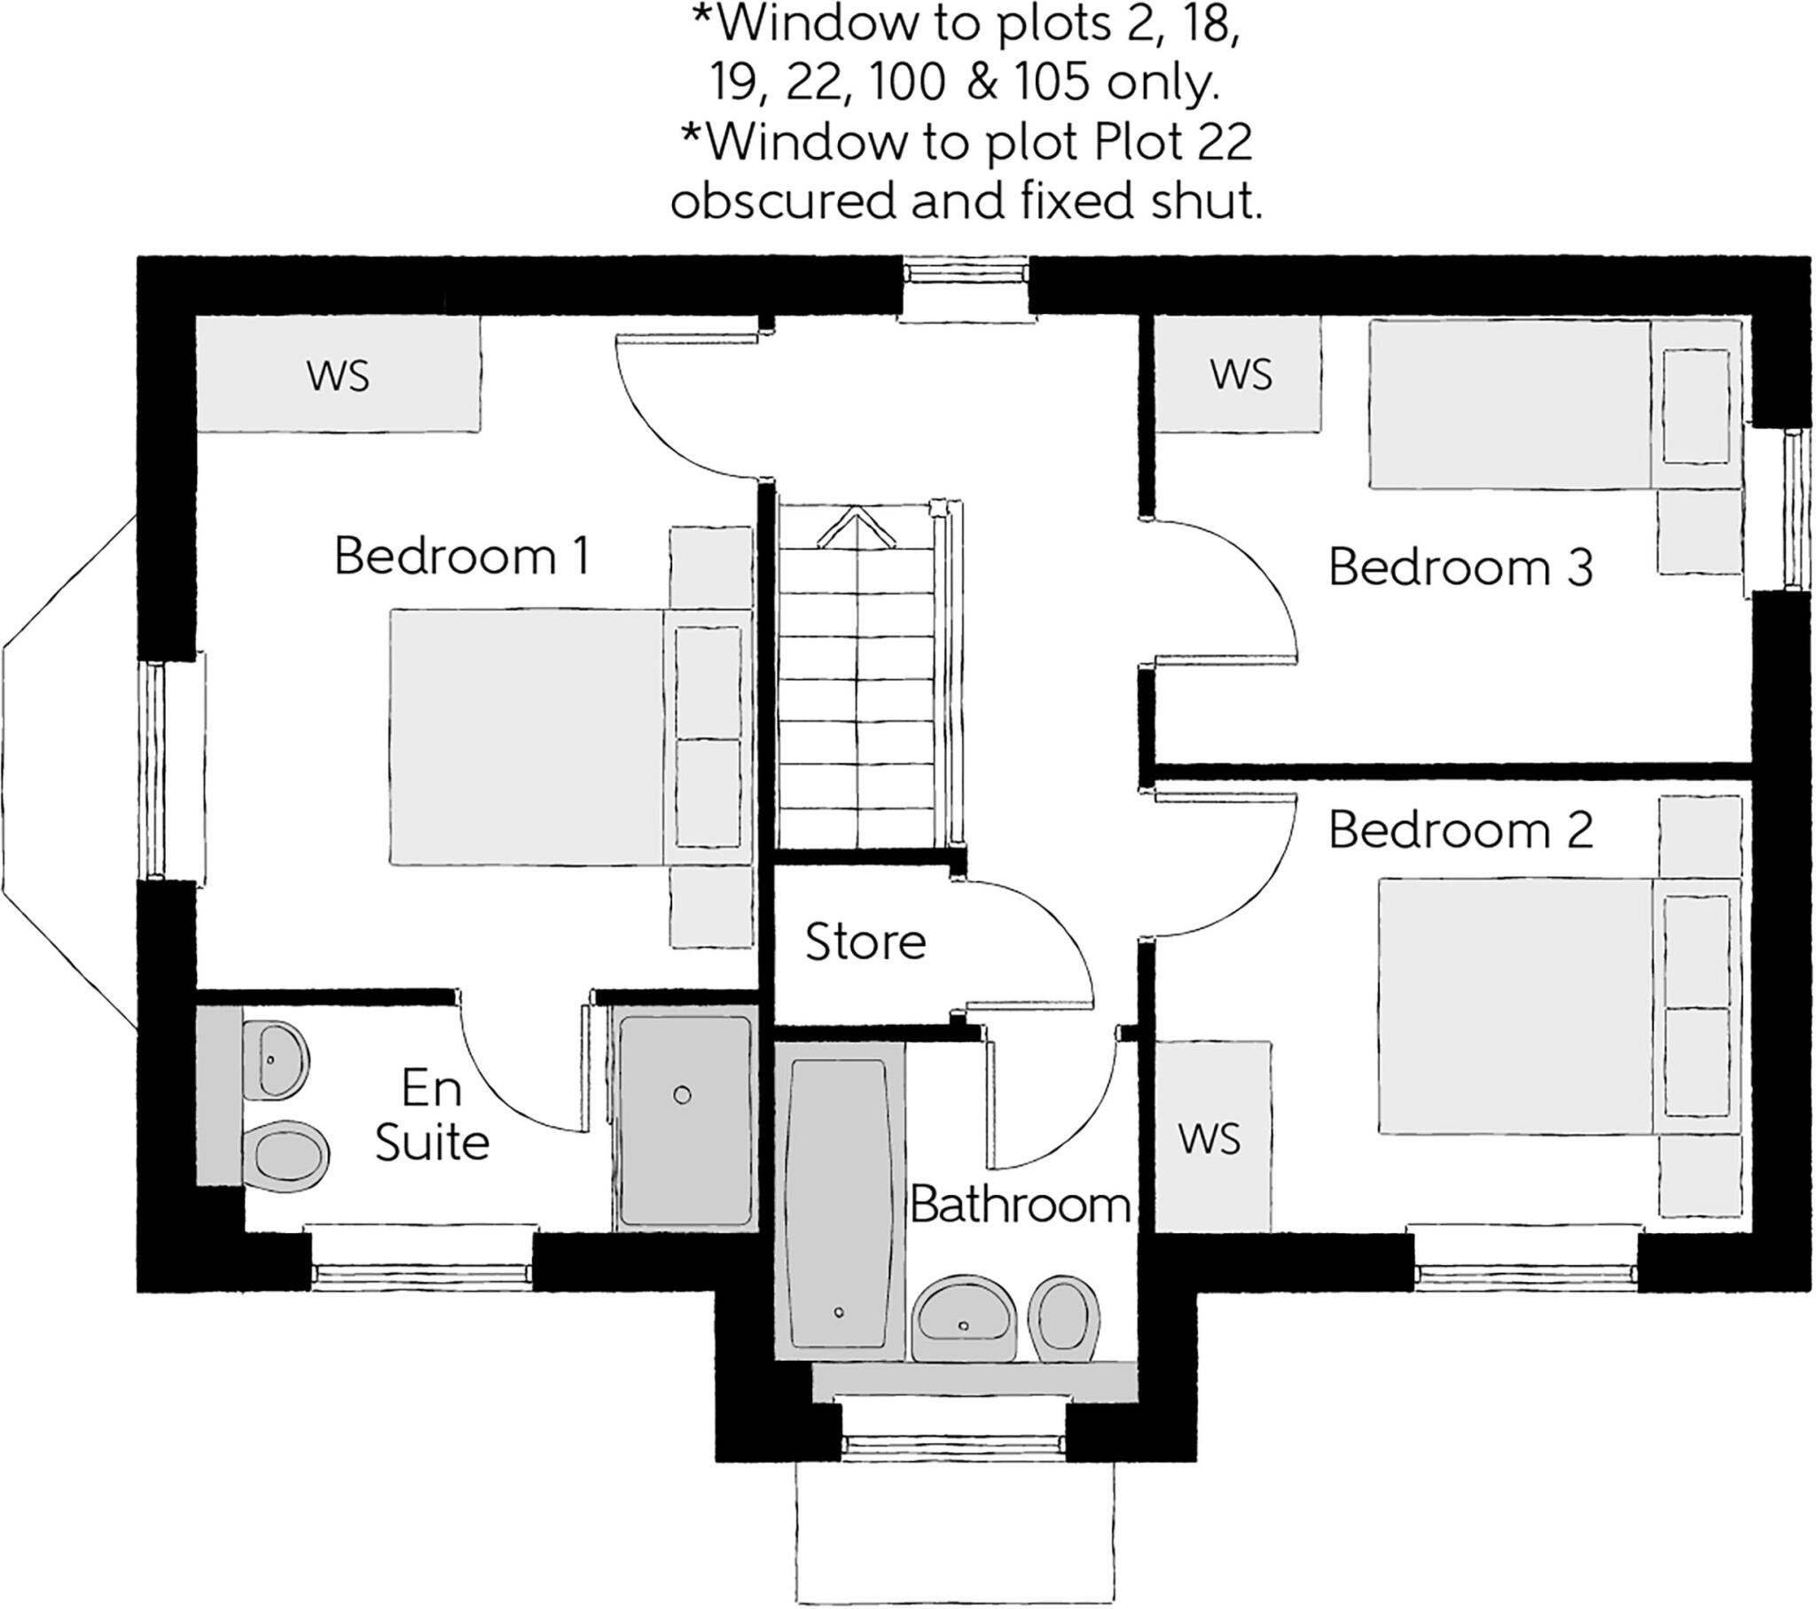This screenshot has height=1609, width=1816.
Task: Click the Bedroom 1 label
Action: tap(461, 557)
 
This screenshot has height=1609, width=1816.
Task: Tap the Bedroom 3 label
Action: tap(1460, 567)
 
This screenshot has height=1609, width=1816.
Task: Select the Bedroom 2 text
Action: tap(1460, 831)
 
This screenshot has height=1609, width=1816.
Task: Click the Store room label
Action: tap(865, 941)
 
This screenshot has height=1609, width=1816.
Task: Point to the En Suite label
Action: tap(432, 1115)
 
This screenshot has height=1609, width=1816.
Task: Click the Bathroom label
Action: tap(1020, 1206)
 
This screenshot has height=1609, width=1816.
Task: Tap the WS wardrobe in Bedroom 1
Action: tap(338, 375)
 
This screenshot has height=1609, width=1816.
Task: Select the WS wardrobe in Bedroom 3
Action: tap(1241, 374)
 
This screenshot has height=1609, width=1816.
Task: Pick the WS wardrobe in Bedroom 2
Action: tap(1210, 1139)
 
